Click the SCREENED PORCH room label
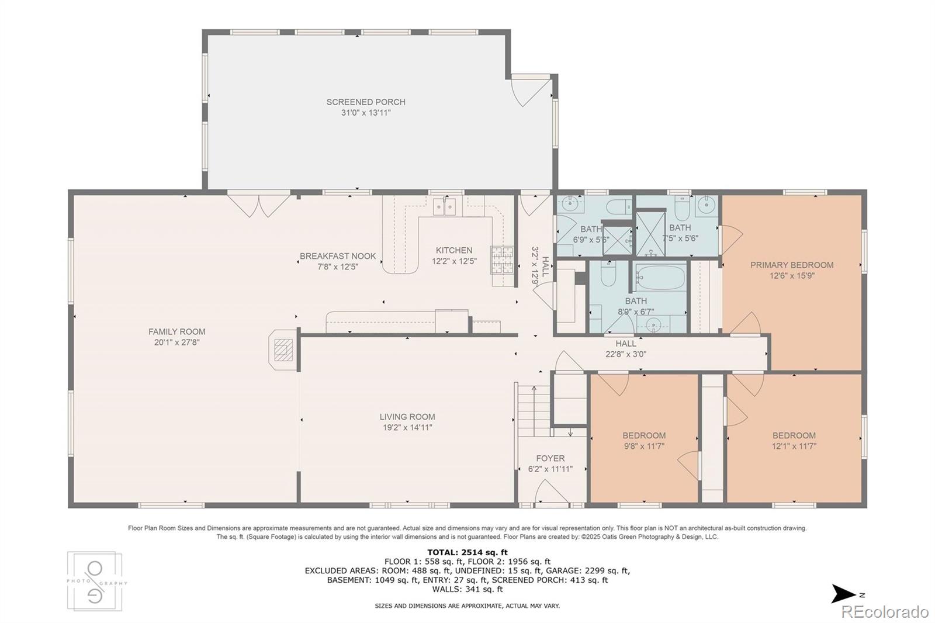366,102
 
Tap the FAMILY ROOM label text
177,331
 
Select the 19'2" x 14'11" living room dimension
407,427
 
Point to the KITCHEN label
454,250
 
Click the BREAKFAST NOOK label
338,256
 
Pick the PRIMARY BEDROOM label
792,265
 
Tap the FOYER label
550,458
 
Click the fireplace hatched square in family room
283,350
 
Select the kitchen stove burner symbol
502,259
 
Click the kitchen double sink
444,206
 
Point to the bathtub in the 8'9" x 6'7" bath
660,277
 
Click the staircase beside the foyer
534,411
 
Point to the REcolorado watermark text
885,612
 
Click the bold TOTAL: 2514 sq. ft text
467,552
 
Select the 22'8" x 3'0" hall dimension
626,354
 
